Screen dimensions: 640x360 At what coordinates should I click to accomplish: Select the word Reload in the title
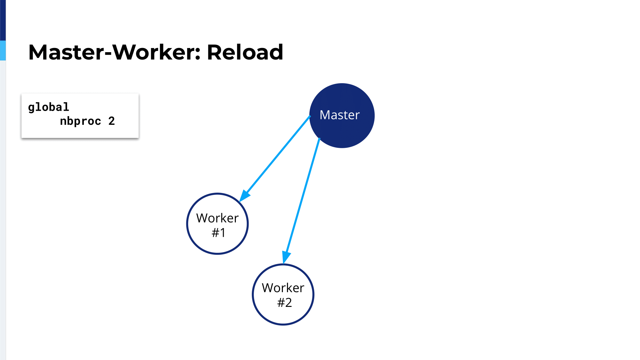pos(245,52)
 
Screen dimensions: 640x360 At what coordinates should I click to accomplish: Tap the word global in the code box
pos(49,107)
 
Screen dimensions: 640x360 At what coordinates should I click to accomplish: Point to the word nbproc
pos(80,121)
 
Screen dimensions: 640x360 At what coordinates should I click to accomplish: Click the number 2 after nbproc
pos(111,121)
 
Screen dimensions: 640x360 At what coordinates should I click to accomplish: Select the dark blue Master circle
pos(342,116)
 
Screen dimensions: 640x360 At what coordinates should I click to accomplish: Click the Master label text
pos(340,115)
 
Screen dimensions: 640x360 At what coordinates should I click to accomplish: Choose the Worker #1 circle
pos(187,224)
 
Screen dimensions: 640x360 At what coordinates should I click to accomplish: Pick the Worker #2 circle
pos(253,295)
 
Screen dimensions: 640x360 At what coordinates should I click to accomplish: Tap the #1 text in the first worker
pos(219,233)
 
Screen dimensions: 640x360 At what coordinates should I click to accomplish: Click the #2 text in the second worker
pos(284,302)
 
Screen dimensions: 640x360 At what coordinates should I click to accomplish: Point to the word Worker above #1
pos(217,218)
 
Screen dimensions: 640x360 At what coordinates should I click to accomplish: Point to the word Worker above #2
pos(283,288)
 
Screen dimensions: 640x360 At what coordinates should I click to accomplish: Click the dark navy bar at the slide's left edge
pos(3,20)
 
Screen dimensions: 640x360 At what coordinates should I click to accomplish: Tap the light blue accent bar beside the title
pos(3,51)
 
